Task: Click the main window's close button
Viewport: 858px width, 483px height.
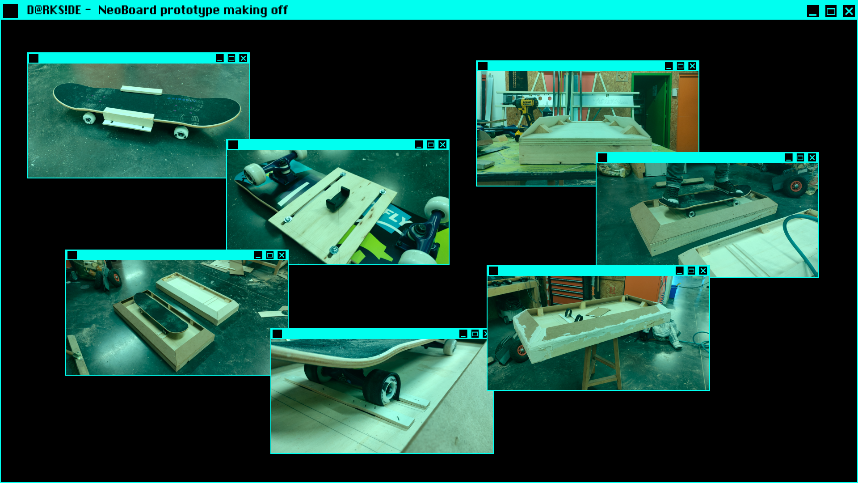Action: point(849,11)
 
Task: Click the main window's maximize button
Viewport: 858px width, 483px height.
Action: point(831,11)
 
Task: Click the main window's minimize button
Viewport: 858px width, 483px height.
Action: point(813,11)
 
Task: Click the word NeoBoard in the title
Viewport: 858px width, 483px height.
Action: point(127,10)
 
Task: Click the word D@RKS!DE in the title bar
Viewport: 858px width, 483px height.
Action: point(54,10)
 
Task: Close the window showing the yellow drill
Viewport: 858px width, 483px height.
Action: point(692,66)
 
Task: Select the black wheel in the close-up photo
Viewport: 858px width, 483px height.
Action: point(383,387)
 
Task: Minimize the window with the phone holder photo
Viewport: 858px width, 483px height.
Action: point(419,144)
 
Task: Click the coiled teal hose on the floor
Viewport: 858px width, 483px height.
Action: point(800,241)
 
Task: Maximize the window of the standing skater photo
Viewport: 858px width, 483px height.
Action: point(800,157)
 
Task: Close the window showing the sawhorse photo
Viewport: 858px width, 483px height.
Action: point(703,271)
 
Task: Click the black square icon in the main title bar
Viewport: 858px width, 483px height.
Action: point(10,11)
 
